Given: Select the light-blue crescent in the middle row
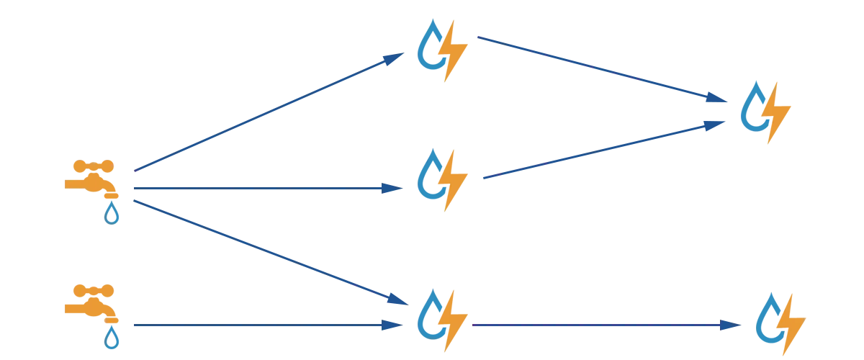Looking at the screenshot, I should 430,175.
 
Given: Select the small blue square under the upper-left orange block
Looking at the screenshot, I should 112,213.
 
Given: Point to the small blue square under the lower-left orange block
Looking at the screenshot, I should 112,337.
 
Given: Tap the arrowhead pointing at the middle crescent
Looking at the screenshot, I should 390,189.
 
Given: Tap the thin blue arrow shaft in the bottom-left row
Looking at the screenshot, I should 252,325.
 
